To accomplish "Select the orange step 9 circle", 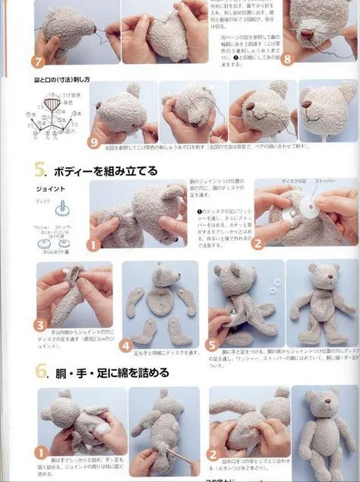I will tap(94, 141).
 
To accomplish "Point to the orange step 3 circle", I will tap(41, 325).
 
